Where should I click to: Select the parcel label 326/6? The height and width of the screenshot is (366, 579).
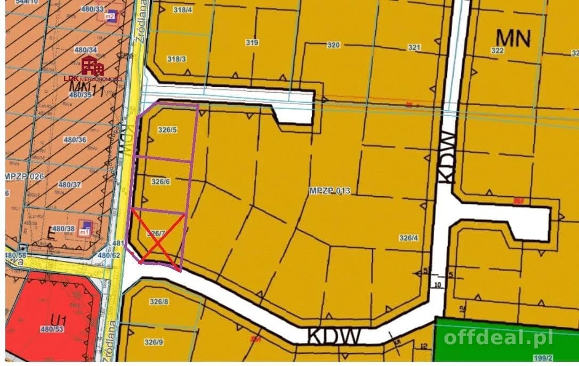pyautogui.click(x=160, y=182)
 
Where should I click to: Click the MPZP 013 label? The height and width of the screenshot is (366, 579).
pyautogui.click(x=329, y=190)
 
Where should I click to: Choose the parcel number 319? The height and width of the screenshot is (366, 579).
pyautogui.click(x=252, y=43)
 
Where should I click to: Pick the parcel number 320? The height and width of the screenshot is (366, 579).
pyautogui.click(x=333, y=45)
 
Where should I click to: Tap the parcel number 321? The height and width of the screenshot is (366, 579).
pyautogui.click(x=414, y=47)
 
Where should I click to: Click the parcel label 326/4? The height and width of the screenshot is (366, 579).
pyautogui.click(x=409, y=238)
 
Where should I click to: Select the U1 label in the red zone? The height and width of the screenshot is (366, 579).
pyautogui.click(x=59, y=321)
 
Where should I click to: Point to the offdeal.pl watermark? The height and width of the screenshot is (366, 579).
pyautogui.click(x=498, y=337)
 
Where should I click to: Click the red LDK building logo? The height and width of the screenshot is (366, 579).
pyautogui.click(x=93, y=67)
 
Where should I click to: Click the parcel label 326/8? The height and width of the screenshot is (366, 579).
pyautogui.click(x=159, y=302)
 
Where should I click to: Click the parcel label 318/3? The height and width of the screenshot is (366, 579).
pyautogui.click(x=176, y=59)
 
